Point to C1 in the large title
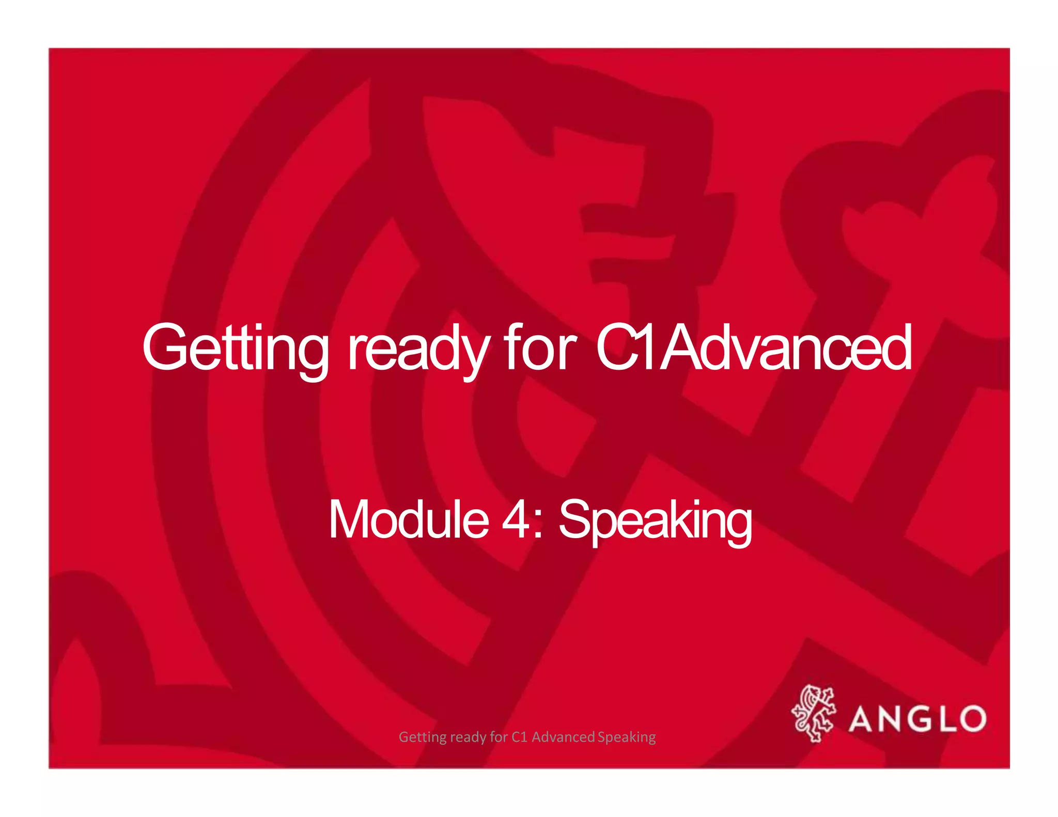point(628,347)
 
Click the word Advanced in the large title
point(788,347)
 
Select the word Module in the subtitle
point(408,520)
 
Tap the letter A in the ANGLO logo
point(864,719)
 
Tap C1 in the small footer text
point(519,737)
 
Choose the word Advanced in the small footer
point(563,737)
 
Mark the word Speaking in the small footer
point(627,737)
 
